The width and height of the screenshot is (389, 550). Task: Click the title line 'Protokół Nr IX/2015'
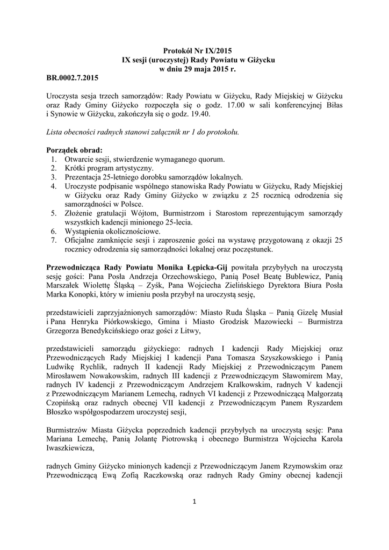[x=195, y=52]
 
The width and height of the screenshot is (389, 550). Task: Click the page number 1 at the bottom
[x=195, y=501]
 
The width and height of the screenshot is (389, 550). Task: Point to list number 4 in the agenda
[x=54, y=186]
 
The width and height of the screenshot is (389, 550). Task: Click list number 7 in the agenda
[x=54, y=241]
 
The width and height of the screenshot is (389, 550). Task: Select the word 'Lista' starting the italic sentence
[x=55, y=132]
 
